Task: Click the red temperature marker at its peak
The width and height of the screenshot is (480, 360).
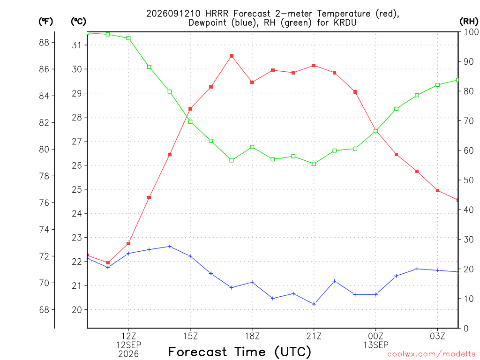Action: coord(232,56)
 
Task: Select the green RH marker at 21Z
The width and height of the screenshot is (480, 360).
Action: coord(314,164)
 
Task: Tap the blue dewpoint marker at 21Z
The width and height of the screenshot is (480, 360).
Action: coord(314,304)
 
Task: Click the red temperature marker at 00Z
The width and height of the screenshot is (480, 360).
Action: coord(375,131)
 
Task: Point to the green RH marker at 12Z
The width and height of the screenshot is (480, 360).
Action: coord(128,38)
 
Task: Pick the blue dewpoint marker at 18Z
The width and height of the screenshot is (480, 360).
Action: coord(252,282)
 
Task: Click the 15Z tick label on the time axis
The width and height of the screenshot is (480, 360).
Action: coord(190,336)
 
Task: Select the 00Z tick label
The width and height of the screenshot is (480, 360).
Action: coord(375,336)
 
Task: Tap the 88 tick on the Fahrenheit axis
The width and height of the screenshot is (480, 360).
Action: coord(44,43)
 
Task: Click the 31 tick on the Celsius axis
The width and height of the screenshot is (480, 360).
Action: coord(76,45)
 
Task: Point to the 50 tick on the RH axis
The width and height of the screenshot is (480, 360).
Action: coord(469,180)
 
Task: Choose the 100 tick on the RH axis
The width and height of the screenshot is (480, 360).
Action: coord(472,32)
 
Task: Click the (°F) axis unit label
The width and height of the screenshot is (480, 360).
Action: coord(45,22)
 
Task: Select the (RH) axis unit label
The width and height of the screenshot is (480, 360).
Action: coord(469,22)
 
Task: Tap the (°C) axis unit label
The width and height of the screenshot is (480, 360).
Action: coord(79,22)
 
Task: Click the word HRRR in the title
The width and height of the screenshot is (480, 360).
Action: coord(217,14)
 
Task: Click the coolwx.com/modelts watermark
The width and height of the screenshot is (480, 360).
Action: coord(431,354)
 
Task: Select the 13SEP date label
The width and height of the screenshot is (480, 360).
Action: coord(375,345)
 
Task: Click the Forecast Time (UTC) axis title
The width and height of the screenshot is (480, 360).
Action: coord(240,352)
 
